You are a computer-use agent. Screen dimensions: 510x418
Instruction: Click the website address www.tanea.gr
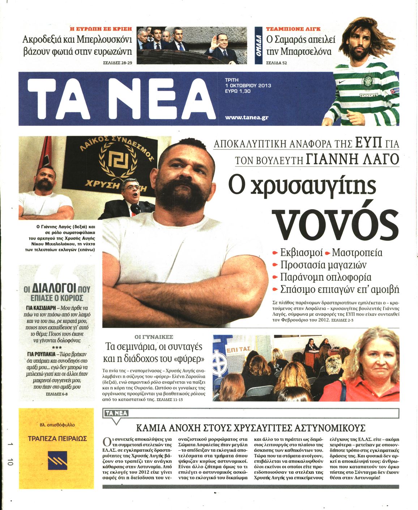coord(247,117)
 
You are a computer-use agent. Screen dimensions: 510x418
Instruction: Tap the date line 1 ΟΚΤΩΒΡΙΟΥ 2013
coord(248,86)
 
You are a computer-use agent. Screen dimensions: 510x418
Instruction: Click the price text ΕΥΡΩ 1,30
coord(238,91)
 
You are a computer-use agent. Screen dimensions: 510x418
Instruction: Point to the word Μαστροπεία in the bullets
coord(357,252)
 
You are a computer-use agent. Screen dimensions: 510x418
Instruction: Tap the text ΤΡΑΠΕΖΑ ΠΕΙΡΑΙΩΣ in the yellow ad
coord(57,438)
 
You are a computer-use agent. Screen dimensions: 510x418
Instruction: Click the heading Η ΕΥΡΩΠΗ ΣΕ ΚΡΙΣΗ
coord(101,29)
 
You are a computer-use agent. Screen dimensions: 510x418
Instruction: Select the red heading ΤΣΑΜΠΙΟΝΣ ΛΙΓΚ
coord(293,29)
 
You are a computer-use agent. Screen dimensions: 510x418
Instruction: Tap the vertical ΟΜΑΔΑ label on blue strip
coord(259,46)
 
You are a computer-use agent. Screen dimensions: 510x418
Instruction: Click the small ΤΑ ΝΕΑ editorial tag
coord(116,413)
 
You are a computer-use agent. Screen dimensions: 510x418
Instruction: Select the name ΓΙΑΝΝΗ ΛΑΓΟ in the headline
coord(352,159)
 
